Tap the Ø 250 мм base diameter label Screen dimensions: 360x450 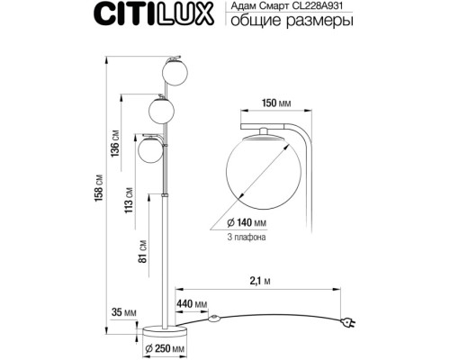(165, 347)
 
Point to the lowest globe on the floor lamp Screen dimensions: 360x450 (150, 149)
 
